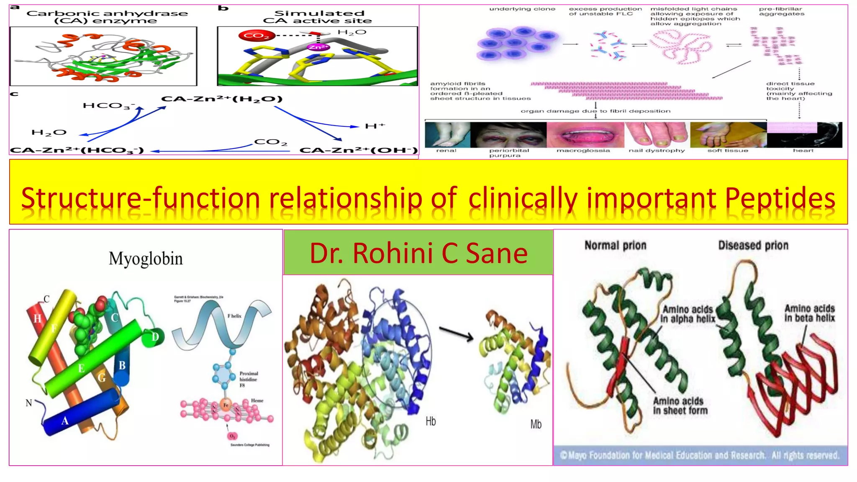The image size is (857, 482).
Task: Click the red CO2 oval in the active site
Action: coord(256,36)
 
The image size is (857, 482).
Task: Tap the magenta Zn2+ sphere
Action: coord(318,47)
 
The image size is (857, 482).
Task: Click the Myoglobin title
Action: coord(146,259)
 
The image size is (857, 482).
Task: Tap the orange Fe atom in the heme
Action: coord(226,405)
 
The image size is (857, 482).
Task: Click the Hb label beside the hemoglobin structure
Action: coord(431,421)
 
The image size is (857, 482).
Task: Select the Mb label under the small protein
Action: coord(536,424)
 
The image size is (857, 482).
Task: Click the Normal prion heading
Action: coord(615,245)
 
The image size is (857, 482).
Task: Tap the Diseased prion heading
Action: coord(753,245)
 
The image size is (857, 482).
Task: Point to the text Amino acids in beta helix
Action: coord(809,313)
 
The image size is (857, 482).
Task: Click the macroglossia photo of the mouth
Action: coord(585,135)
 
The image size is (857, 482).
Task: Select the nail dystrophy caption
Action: coord(657,151)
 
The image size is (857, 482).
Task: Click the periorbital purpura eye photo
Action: coord(508,135)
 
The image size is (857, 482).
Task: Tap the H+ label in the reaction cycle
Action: coord(375,126)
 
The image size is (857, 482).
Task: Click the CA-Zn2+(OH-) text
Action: coord(359,150)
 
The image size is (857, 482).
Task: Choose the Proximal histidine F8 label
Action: coord(249,379)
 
